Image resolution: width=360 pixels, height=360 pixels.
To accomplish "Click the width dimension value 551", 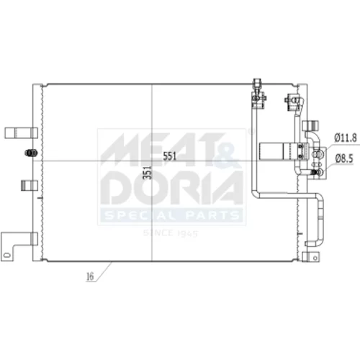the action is pyautogui.click(x=170, y=156).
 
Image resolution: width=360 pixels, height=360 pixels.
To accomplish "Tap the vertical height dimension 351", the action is pyautogui.click(x=148, y=173).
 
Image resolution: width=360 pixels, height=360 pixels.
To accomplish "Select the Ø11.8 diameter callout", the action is pyautogui.click(x=346, y=138).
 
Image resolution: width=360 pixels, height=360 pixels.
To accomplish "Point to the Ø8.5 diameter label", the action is pyautogui.click(x=344, y=158).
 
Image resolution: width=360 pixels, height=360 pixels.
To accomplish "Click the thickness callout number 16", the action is pyautogui.click(x=90, y=276).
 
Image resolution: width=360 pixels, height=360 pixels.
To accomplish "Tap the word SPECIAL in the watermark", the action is pyautogui.click(x=140, y=215).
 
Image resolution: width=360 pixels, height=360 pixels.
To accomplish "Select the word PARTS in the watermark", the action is pyautogui.click(x=212, y=215).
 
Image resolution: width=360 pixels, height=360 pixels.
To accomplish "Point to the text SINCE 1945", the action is pyautogui.click(x=171, y=233).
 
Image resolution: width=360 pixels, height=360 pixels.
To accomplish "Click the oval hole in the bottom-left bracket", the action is pyautogui.click(x=6, y=255).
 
